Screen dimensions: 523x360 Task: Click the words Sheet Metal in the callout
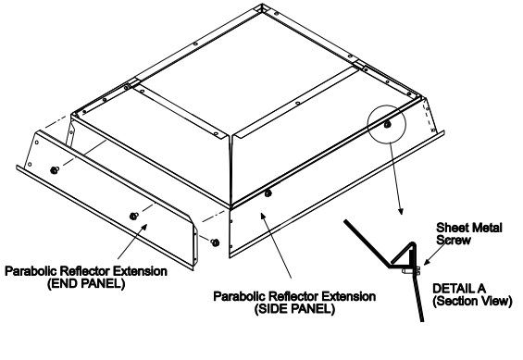[x=469, y=228]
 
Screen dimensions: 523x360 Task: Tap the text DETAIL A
[x=459, y=289]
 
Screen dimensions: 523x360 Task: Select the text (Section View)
[x=472, y=301]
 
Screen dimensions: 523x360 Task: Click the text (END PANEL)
[x=86, y=284]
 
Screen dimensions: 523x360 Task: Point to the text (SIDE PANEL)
[x=294, y=309]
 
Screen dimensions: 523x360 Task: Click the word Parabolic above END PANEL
[x=31, y=271]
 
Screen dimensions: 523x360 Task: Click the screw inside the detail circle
[x=387, y=125]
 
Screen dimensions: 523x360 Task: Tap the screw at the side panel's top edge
[x=268, y=193]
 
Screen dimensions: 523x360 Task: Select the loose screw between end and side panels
[x=216, y=242]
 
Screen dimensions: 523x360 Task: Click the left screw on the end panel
[x=54, y=170]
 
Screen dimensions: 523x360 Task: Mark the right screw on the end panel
[x=133, y=216]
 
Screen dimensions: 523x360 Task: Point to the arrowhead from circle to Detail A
[x=401, y=211]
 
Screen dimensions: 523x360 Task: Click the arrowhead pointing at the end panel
[x=144, y=227]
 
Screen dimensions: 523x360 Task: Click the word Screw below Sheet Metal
[x=454, y=240]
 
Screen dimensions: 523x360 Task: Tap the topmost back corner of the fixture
[x=262, y=5]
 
